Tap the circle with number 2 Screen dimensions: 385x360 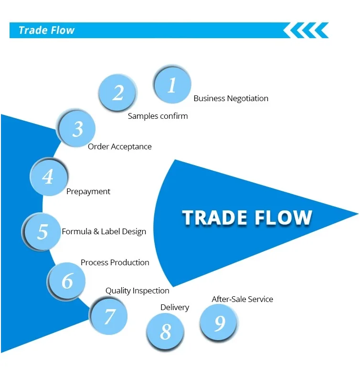pos(118,93)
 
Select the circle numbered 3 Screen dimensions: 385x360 pos(77,129)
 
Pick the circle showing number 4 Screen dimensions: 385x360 pos(48,177)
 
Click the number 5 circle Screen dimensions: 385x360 pos(42,231)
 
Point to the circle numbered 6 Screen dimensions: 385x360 pos(67,281)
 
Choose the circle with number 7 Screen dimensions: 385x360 pos(109,316)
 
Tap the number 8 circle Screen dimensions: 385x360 pos(165,332)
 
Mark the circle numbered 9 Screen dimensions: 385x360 pos(219,323)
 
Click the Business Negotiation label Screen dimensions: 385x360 pos(231,99)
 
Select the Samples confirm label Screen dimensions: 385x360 pos(158,116)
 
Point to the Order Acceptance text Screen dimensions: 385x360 pos(119,147)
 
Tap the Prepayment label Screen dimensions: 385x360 pos(88,191)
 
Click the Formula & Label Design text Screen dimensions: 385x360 pos(104,231)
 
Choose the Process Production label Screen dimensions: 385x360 pos(115,262)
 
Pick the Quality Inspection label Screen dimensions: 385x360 pos(137,291)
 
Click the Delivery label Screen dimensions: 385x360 pos(174,308)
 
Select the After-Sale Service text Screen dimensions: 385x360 pos(242,299)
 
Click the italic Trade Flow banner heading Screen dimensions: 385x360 pos(46,31)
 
